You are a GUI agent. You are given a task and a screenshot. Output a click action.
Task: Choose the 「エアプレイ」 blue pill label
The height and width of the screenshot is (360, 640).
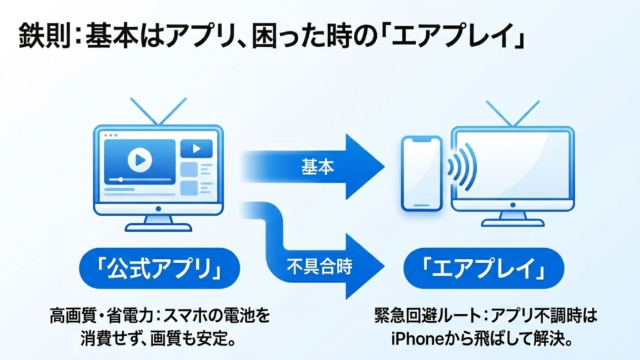[483, 267]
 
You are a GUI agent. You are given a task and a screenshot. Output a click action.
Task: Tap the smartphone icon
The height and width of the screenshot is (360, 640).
[421, 174]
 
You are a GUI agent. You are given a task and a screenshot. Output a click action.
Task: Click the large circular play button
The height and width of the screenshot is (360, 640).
[139, 160]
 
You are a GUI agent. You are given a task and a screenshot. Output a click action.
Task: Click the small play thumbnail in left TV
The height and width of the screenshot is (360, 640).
[196, 149]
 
